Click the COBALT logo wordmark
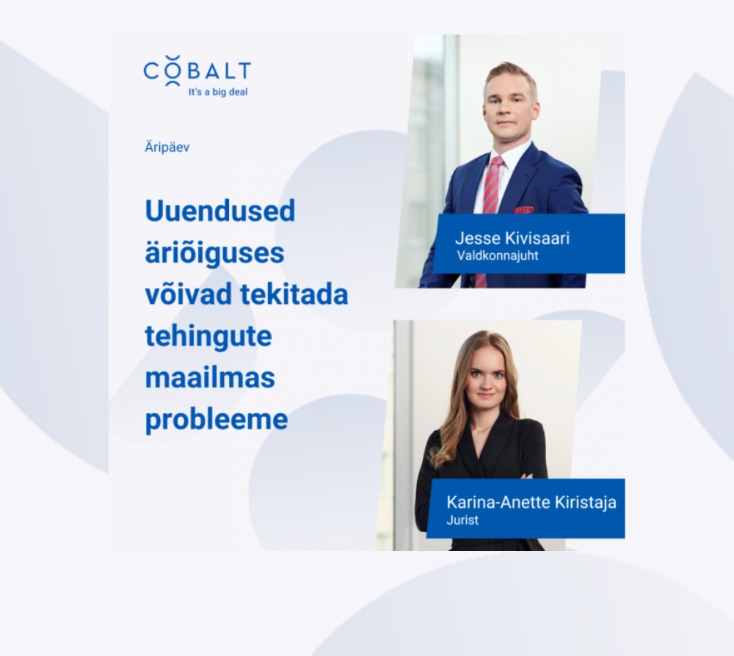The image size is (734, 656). (x=197, y=71)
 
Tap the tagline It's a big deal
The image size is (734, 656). (x=218, y=92)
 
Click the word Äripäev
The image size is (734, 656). (x=167, y=147)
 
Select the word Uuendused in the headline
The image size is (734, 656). (x=220, y=211)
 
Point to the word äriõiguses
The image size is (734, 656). (x=214, y=253)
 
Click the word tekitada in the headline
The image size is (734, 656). (x=294, y=294)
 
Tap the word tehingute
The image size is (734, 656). (x=208, y=336)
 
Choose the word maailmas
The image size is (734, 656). (x=210, y=378)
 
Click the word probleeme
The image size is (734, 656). (x=217, y=420)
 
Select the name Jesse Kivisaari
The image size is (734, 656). (x=512, y=238)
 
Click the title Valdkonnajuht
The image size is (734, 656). (x=498, y=255)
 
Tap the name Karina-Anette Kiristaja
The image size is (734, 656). (x=531, y=502)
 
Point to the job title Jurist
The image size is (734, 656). (x=462, y=520)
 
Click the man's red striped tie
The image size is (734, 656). (x=492, y=187)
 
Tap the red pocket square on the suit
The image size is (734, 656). (x=523, y=210)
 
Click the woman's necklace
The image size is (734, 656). (x=482, y=429)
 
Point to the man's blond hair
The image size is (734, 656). (x=510, y=75)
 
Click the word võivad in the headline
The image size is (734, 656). (x=188, y=294)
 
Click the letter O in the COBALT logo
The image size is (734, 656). (x=172, y=71)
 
